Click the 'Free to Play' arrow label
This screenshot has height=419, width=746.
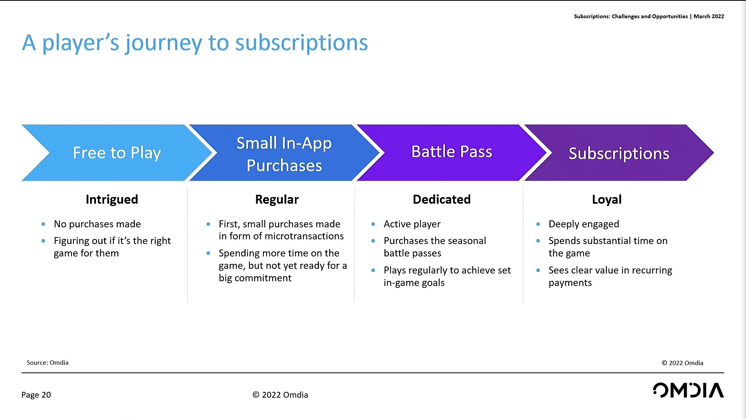(x=117, y=153)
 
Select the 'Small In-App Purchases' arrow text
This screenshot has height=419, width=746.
(x=284, y=154)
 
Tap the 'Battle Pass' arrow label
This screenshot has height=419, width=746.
(x=451, y=151)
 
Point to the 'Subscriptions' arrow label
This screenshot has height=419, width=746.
(x=619, y=154)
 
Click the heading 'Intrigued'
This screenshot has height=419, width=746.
(x=112, y=199)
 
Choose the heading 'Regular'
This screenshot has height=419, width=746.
(x=277, y=199)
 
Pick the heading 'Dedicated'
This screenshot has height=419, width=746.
(x=442, y=199)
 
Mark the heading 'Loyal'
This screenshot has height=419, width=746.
(x=607, y=199)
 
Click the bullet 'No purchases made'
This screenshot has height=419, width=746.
(x=97, y=224)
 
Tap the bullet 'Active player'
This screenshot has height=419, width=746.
(x=412, y=224)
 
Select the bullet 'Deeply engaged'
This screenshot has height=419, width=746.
(x=584, y=224)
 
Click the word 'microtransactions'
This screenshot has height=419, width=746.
(x=304, y=236)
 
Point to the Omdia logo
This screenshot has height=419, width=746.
(x=688, y=390)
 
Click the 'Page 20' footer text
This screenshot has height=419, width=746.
(x=36, y=395)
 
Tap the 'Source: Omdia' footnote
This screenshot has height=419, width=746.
(x=47, y=363)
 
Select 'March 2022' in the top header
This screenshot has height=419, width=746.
(x=709, y=16)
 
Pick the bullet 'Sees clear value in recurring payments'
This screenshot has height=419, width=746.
(x=610, y=276)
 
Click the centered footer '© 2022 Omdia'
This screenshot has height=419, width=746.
(x=280, y=395)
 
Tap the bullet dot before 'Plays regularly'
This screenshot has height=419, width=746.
(x=373, y=270)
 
